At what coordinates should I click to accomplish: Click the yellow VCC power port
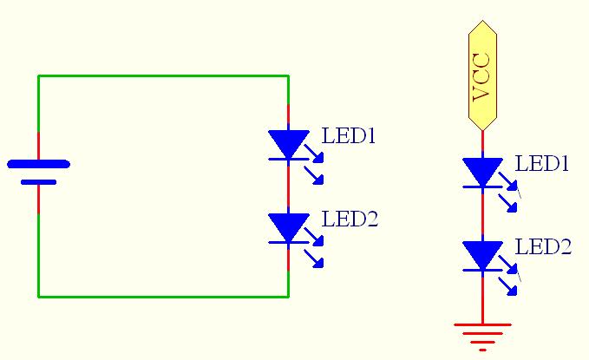(x=482, y=76)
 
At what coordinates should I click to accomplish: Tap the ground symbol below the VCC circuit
(x=482, y=335)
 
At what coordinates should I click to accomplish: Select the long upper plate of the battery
(x=38, y=163)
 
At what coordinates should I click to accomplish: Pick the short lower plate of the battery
(x=38, y=182)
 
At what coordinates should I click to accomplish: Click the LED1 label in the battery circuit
(x=349, y=136)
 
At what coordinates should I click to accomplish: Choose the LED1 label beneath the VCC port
(x=542, y=164)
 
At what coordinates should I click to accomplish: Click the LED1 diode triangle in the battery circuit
(x=288, y=143)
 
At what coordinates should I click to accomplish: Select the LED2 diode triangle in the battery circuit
(x=288, y=227)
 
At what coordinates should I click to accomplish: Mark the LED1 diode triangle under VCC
(x=482, y=171)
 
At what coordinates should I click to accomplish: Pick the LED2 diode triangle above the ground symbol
(x=482, y=255)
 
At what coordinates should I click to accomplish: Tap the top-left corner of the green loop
(x=38, y=76)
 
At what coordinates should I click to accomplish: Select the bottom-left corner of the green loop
(x=38, y=296)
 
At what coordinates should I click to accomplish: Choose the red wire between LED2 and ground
(x=482, y=299)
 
